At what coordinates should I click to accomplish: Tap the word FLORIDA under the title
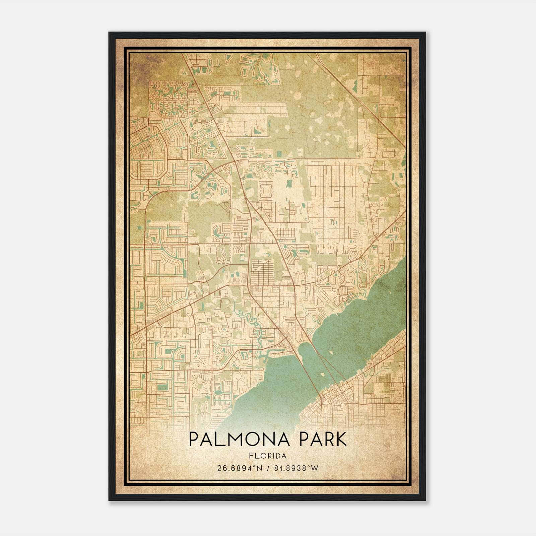tap(268, 456)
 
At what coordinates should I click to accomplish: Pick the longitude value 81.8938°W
tap(296, 468)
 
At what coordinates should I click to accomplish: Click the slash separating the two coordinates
tap(268, 468)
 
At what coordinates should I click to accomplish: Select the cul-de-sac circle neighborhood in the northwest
tap(167, 99)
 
